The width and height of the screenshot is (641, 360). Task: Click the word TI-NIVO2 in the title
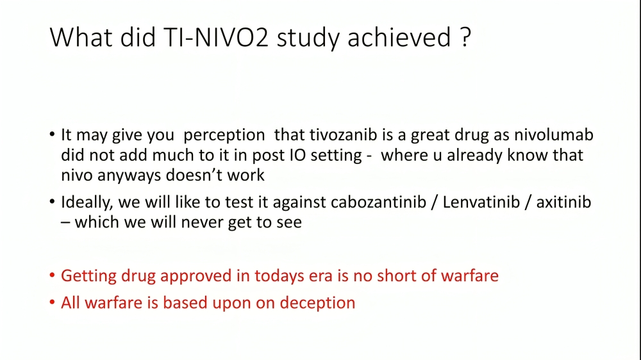coord(216,37)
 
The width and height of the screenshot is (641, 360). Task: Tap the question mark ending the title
coord(466,37)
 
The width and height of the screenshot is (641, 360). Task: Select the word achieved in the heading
coord(399,37)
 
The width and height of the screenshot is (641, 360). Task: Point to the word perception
coord(224,136)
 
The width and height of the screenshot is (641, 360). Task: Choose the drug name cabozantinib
coord(379,202)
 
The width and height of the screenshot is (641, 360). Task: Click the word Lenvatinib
coord(481,202)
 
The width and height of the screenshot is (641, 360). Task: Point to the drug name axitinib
coord(563,202)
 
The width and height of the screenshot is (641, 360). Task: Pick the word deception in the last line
coord(318,304)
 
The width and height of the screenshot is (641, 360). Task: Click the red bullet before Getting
coord(52,275)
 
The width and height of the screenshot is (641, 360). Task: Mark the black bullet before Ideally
coord(52,201)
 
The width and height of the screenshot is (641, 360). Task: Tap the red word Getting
coord(88,277)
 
